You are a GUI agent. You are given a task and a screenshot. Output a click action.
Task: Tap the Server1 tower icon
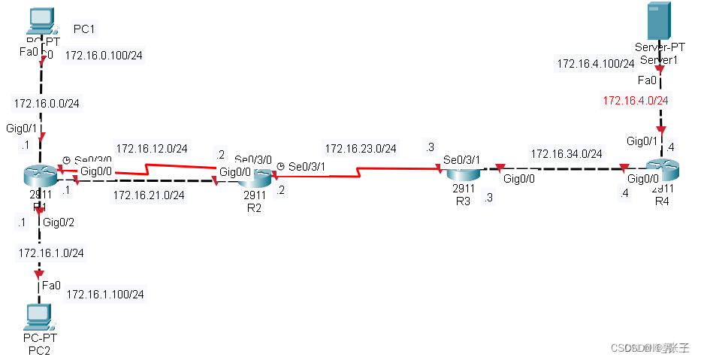[x=660, y=21]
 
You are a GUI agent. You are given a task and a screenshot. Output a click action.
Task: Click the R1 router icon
[x=40, y=174]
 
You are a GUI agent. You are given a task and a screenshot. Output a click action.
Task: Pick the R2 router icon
[x=254, y=177]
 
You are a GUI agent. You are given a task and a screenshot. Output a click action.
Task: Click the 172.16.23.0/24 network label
[x=361, y=148]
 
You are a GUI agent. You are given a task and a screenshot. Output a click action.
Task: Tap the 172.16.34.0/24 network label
[x=567, y=154]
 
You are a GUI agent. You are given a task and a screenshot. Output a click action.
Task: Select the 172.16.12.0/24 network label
[x=152, y=147]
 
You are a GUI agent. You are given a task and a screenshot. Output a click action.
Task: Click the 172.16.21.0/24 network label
[x=149, y=196]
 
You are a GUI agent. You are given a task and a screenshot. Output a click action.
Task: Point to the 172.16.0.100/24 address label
[x=104, y=56]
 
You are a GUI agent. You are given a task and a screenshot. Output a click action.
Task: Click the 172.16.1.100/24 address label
[x=105, y=294]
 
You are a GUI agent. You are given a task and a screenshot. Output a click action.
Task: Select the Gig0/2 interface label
[x=59, y=222]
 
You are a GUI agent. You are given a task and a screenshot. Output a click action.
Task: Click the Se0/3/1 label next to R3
[x=462, y=159]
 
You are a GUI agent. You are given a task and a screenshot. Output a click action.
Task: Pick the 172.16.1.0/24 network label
[x=51, y=253]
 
